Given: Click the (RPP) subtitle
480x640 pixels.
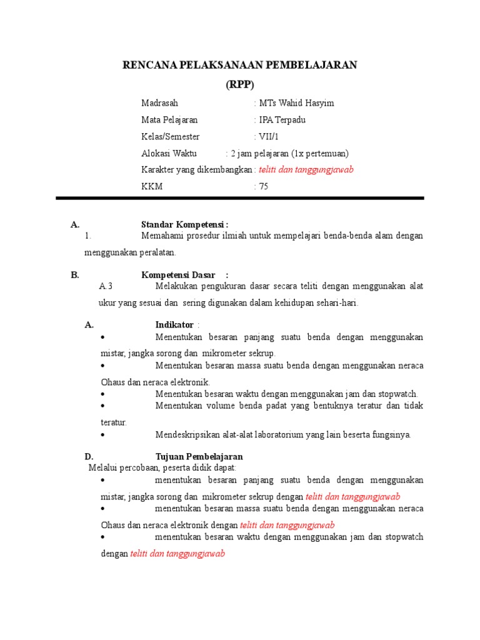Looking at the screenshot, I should click(x=240, y=86).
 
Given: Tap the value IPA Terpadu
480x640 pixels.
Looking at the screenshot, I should click(x=282, y=120).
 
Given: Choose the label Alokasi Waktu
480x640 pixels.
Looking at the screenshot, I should click(x=169, y=153).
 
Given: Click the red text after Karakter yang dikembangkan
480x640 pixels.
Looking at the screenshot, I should click(x=306, y=170).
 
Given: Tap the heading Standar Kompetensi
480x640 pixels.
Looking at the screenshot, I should click(x=184, y=224).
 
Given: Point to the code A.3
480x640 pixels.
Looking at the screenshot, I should click(x=106, y=286).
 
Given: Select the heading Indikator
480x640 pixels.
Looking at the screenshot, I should click(x=174, y=325).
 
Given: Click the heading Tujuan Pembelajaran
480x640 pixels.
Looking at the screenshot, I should click(x=199, y=457).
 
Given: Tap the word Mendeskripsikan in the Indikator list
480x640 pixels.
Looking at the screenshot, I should click(x=187, y=434).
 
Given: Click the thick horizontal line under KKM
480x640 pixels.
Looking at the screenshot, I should click(x=240, y=199).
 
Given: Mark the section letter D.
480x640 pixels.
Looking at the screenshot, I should click(x=89, y=457).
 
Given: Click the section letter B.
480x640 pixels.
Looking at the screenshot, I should click(x=75, y=275).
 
